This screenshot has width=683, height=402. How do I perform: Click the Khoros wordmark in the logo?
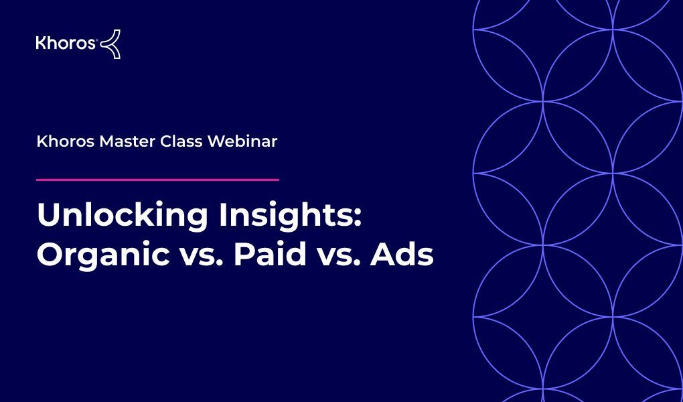point(66,43)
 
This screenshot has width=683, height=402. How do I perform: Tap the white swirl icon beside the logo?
point(110,44)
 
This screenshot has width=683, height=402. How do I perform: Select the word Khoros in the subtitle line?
point(66,141)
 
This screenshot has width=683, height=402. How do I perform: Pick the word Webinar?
point(242,141)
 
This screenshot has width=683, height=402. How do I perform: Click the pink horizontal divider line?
point(157,179)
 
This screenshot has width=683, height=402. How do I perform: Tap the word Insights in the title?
point(286,215)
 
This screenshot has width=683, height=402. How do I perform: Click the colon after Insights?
point(358,217)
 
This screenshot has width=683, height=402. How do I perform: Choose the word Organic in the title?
point(103,255)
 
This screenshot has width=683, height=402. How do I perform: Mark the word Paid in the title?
point(270,254)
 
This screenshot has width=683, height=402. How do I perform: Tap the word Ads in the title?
point(402,254)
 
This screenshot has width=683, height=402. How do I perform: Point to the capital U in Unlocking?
point(48,214)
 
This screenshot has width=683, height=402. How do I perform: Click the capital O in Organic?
point(50,255)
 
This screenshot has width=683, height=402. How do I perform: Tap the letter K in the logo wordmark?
point(41,43)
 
